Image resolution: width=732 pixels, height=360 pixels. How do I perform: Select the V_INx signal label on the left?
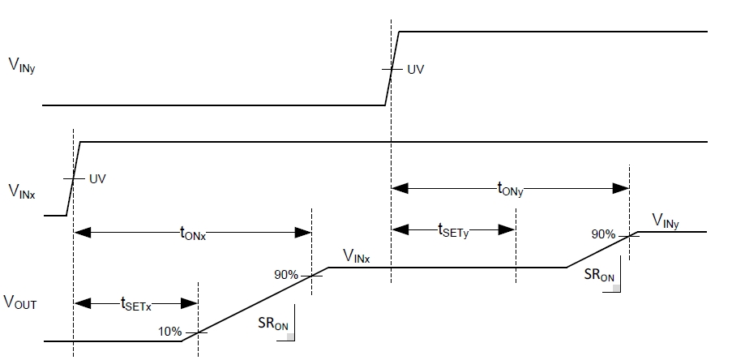click(21, 191)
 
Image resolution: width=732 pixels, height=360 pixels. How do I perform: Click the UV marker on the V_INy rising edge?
click(415, 70)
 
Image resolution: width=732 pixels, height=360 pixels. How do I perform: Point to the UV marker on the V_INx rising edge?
click(97, 178)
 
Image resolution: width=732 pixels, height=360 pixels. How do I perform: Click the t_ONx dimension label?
click(193, 233)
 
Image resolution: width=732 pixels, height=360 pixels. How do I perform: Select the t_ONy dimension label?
click(510, 188)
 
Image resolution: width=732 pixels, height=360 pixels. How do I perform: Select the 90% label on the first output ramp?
click(288, 274)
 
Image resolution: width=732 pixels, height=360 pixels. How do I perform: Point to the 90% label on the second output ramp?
click(603, 234)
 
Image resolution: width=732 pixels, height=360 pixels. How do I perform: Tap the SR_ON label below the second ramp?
click(599, 275)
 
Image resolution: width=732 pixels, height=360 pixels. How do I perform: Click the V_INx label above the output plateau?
click(356, 258)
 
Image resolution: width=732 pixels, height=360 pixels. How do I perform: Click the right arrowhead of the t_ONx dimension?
click(306, 233)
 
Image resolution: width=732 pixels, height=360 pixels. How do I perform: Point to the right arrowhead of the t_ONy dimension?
click(624, 188)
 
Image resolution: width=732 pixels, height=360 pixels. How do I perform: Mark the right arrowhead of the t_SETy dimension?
click(511, 229)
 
